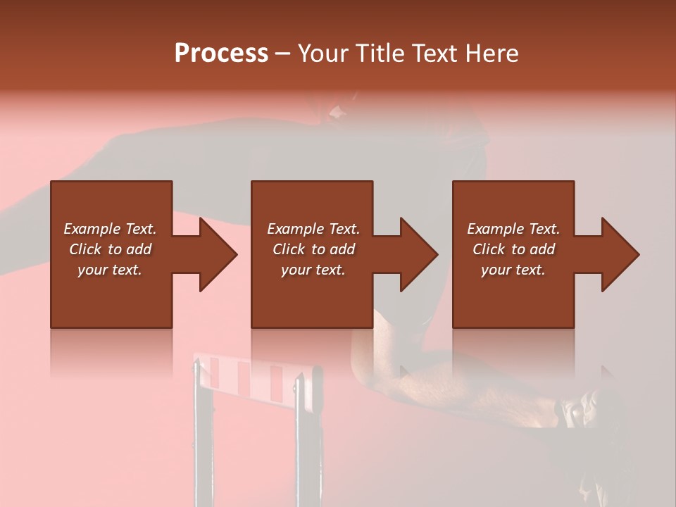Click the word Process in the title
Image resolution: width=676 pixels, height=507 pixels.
click(x=221, y=54)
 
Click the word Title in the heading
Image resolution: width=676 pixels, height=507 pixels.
click(x=380, y=54)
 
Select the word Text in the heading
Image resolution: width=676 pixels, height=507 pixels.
click(x=434, y=54)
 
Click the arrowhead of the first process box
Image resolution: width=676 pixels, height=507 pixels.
click(x=218, y=254)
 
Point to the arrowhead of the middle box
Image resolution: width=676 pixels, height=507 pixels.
click(x=418, y=254)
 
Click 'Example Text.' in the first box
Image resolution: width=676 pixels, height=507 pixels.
click(x=110, y=229)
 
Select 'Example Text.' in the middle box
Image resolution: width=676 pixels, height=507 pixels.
click(x=313, y=229)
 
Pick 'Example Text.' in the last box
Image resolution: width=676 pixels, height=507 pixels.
click(x=513, y=229)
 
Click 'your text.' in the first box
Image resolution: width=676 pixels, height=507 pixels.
click(x=110, y=270)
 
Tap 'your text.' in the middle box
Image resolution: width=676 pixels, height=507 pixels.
click(x=313, y=270)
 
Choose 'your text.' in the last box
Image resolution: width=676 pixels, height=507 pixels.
click(x=513, y=270)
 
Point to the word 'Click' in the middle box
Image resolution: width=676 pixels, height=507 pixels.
click(x=289, y=249)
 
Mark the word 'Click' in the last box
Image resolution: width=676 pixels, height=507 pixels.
click(x=489, y=249)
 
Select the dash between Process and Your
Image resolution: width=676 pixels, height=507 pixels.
click(x=282, y=55)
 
